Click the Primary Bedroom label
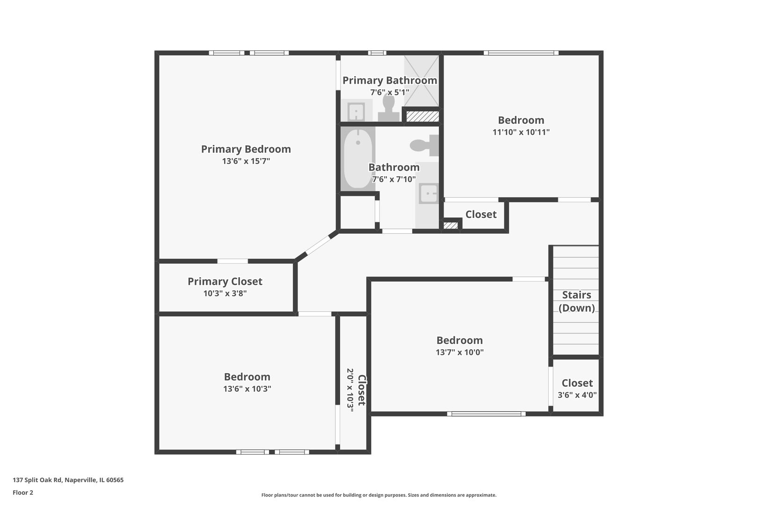(246, 149)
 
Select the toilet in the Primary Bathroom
(388, 108)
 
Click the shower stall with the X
(422, 81)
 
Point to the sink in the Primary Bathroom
(356, 111)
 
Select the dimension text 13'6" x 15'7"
(246, 161)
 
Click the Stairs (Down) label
(576, 301)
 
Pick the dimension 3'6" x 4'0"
(577, 395)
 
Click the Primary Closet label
(225, 281)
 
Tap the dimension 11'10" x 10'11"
(521, 132)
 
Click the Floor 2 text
(23, 492)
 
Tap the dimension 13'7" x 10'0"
(459, 353)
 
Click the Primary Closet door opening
(233, 261)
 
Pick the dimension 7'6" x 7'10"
(394, 179)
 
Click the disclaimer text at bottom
(379, 495)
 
